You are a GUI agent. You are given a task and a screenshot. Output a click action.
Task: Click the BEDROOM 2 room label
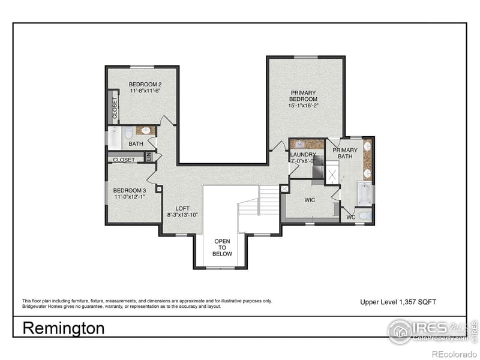[145, 84]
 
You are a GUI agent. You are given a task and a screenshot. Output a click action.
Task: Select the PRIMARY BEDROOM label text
[303, 96]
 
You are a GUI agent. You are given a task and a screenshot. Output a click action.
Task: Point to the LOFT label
[182, 208]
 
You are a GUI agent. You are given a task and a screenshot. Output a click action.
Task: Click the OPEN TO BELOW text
[222, 247]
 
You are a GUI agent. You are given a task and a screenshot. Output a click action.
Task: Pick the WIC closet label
[310, 200]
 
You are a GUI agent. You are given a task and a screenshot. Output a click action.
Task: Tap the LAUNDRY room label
[303, 154]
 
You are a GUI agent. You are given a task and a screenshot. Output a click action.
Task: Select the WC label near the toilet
[351, 217]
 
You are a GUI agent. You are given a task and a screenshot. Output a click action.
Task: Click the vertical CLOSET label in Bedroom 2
[115, 108]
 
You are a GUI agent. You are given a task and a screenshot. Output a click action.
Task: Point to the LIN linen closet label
[148, 157]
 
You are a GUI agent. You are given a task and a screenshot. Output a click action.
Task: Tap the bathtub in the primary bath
[364, 194]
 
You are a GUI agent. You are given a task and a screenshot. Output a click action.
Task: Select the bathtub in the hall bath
[115, 138]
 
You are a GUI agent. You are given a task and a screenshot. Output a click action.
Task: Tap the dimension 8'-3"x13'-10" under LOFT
[182, 215]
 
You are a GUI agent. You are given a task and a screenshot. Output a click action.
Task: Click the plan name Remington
[63, 328]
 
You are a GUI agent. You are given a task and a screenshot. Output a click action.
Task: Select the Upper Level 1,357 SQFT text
[394, 301]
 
